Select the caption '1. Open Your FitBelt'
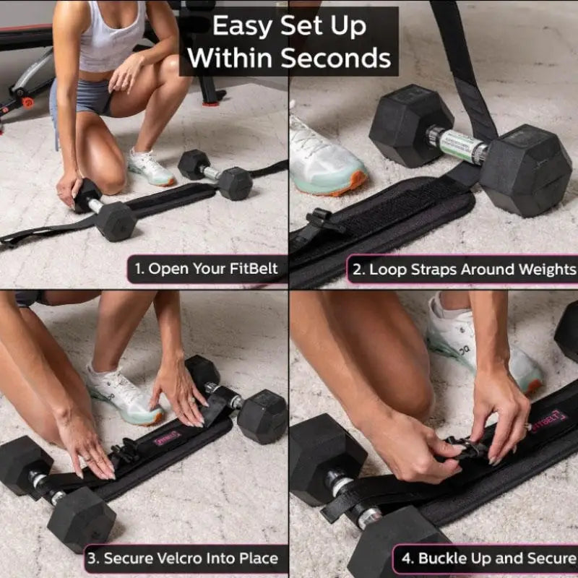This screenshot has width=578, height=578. (207, 269)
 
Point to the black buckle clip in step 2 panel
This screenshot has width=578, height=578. (324, 220)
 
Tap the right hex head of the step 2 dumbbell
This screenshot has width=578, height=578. (525, 169)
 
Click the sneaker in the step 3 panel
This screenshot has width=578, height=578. (123, 394)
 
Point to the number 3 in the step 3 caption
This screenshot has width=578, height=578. (92, 558)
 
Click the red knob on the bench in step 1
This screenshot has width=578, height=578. (27, 102)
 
